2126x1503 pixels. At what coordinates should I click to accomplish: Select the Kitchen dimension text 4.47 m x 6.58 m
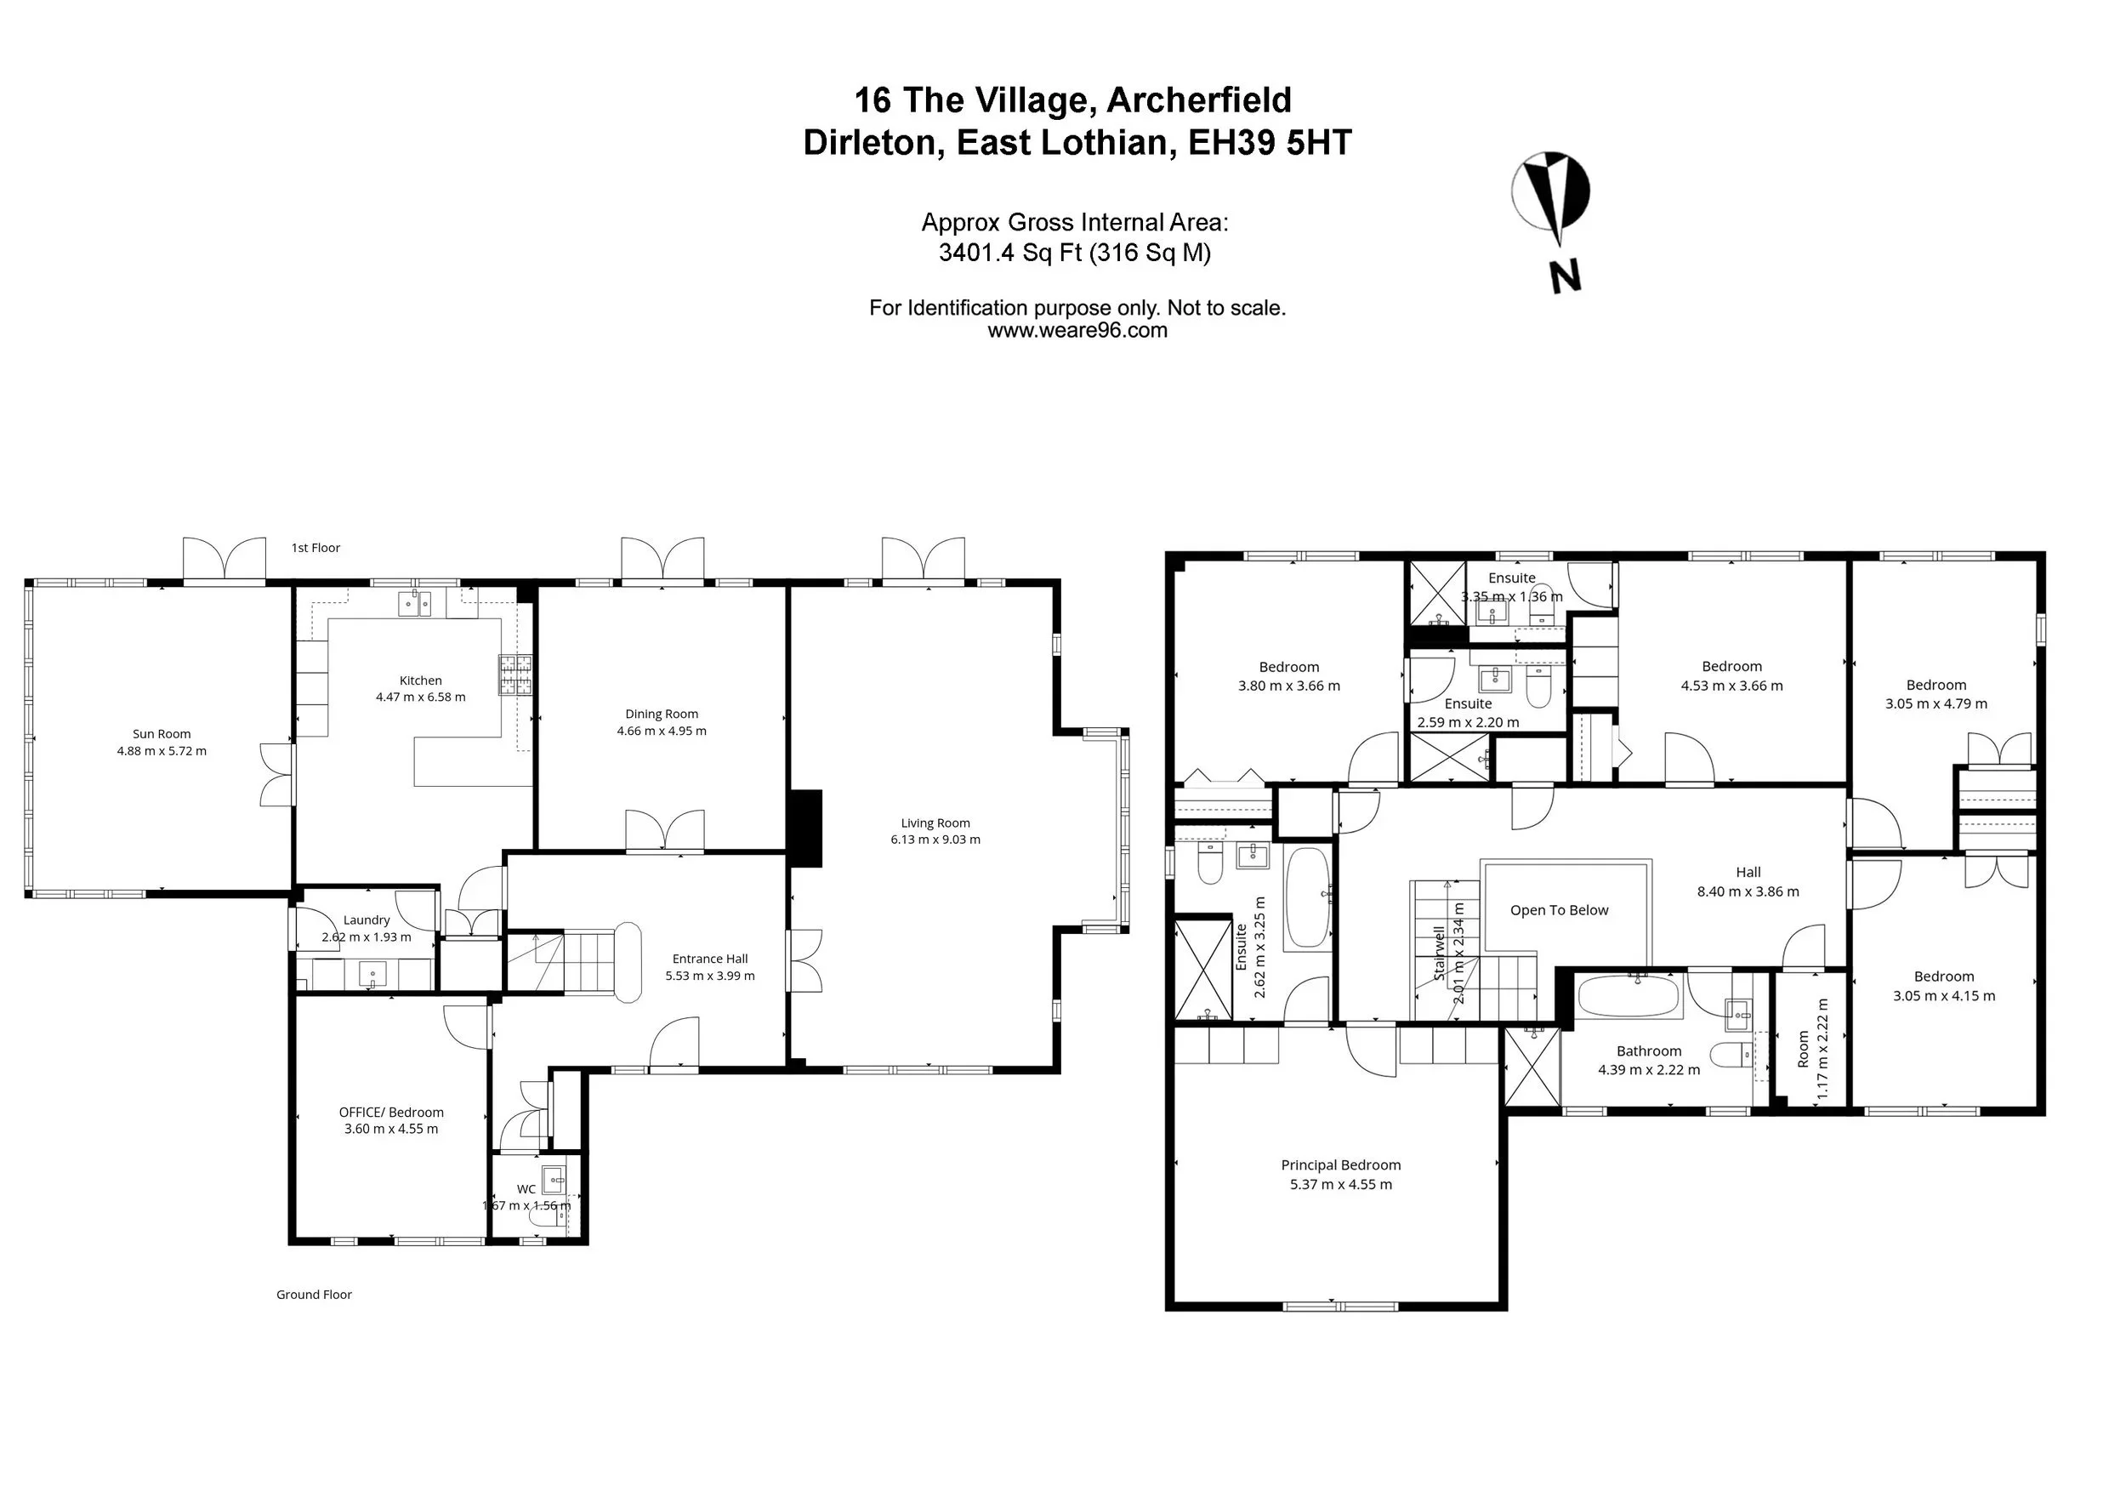(x=420, y=697)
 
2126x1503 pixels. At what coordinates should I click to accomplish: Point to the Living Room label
(x=935, y=823)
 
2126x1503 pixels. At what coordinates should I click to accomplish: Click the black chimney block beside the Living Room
(x=804, y=828)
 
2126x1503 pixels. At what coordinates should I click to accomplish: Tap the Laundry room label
(x=367, y=920)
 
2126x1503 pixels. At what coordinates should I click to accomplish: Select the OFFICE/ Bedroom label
(x=390, y=1113)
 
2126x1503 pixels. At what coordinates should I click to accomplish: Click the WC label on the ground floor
(x=526, y=1189)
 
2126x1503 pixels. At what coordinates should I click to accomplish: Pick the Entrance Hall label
(x=709, y=959)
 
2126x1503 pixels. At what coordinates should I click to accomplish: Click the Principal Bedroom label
(x=1341, y=1166)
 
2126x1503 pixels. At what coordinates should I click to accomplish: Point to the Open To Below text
(x=1560, y=910)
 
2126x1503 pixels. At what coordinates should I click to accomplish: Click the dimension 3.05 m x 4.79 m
(x=1936, y=703)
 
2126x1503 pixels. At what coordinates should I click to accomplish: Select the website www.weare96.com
(x=1077, y=331)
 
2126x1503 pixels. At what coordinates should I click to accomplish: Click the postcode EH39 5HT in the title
(x=1270, y=143)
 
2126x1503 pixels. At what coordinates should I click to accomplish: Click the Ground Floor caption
(x=314, y=1295)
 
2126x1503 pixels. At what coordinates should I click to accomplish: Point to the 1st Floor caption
(x=315, y=549)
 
